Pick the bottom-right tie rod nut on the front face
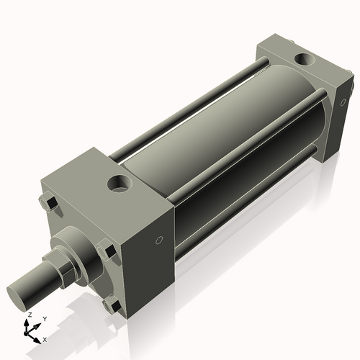111,305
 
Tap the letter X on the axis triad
45,338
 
